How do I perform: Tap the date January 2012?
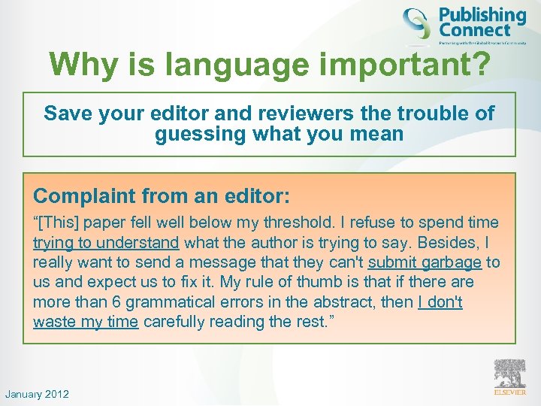(37, 394)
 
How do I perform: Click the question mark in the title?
(479, 65)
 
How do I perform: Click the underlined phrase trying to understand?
(106, 242)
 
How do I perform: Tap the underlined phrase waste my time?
(86, 322)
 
